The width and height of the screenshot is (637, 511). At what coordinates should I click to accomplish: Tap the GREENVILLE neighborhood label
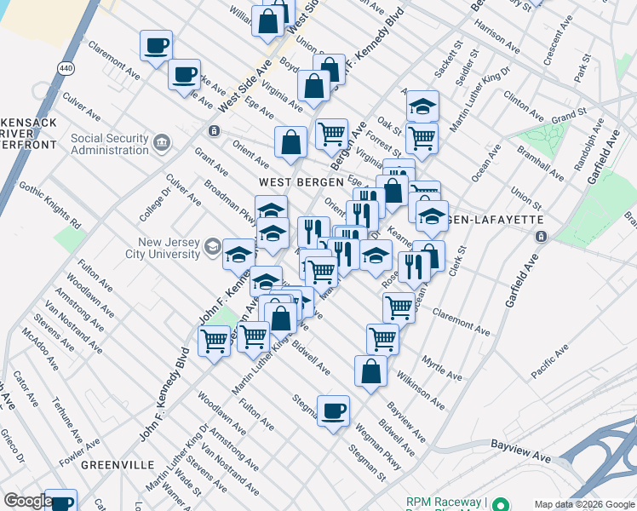click(x=117, y=465)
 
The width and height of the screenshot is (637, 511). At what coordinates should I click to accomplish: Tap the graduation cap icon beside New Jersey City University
click(x=212, y=249)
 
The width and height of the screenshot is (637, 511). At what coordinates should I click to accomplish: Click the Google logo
click(x=28, y=501)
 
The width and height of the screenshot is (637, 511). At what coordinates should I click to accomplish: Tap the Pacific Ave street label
click(x=549, y=361)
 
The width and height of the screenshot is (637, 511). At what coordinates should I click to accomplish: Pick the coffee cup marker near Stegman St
click(x=333, y=411)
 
